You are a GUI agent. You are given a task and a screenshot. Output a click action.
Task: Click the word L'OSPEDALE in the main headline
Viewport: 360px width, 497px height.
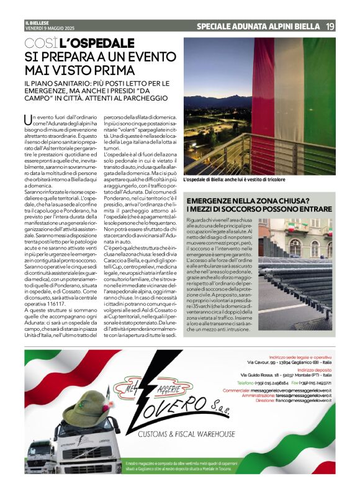coord(96,44)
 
